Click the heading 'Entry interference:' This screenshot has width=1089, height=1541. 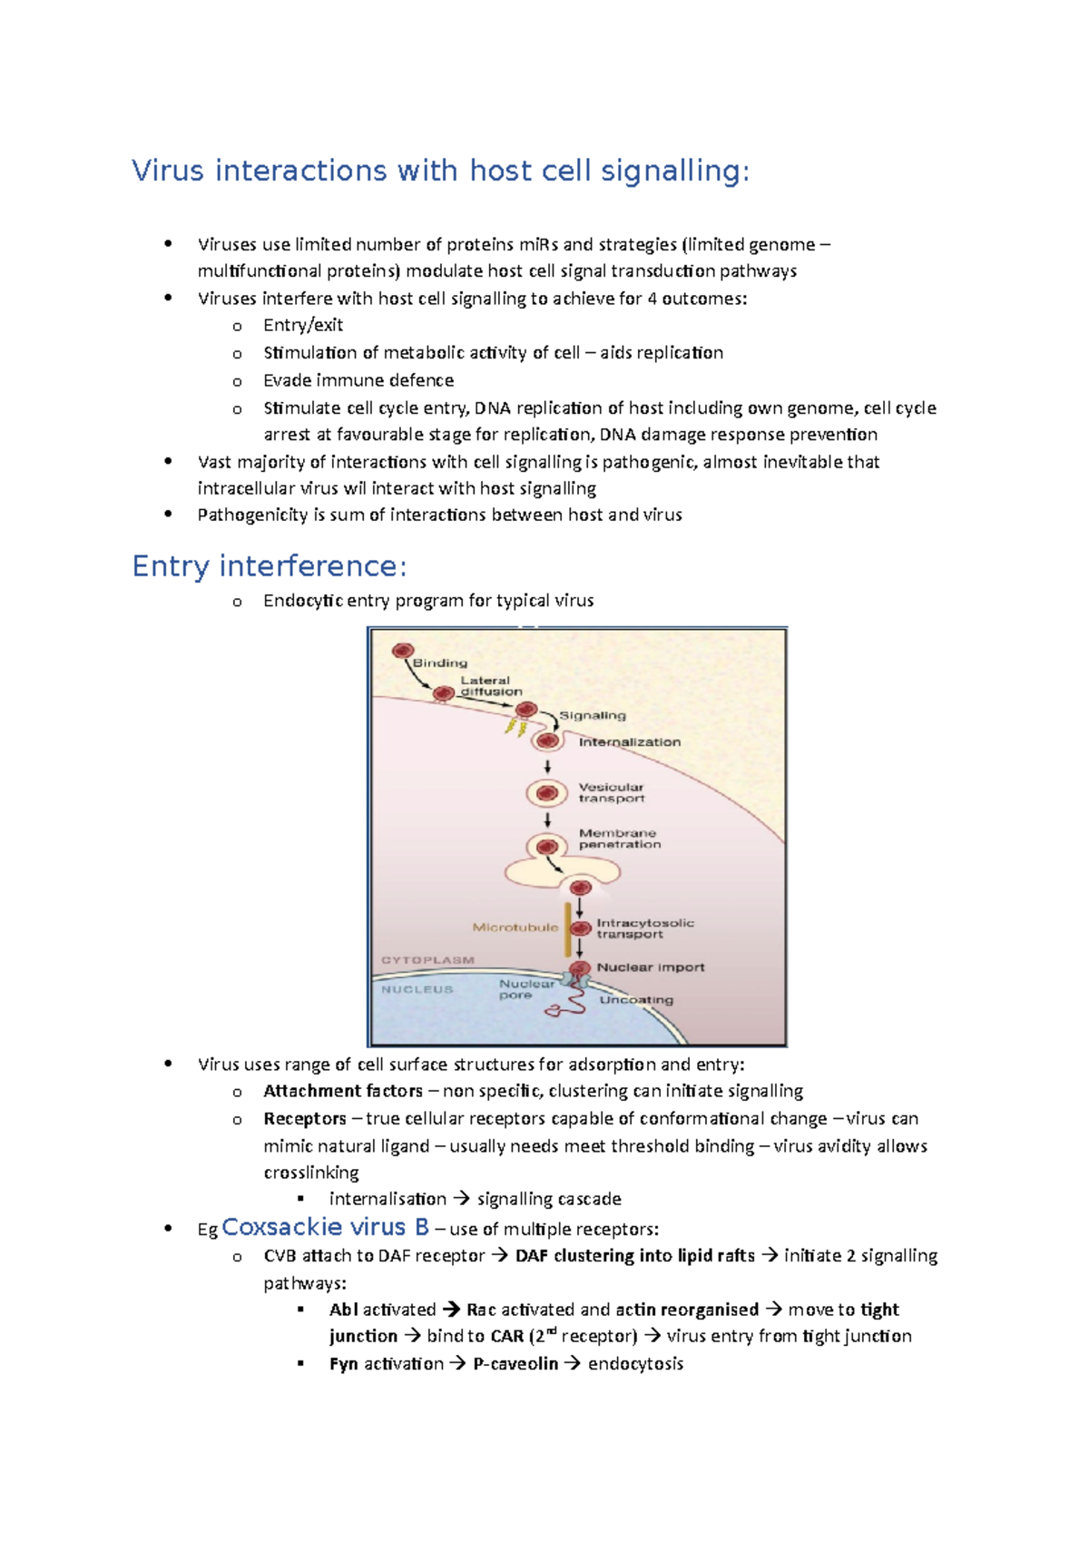click(270, 566)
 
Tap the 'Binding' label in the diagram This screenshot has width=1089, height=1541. click(440, 663)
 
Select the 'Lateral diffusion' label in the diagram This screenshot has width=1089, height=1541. click(490, 686)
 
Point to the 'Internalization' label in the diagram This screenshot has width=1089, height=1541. click(629, 741)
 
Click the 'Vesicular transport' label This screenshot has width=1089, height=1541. click(612, 792)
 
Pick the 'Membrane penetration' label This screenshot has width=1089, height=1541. click(619, 839)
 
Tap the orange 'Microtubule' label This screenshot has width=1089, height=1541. click(515, 927)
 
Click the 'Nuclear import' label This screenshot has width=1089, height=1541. click(650, 967)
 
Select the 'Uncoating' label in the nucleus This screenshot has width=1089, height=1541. click(636, 999)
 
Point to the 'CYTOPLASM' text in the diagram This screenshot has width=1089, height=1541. click(427, 959)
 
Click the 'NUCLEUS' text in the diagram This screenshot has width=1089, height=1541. click(417, 989)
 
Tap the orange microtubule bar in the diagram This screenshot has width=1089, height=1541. click(568, 928)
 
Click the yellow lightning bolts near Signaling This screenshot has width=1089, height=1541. click(515, 728)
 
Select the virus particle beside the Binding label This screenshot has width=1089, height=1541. click(403, 651)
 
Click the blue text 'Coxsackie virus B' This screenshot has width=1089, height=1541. click(325, 1227)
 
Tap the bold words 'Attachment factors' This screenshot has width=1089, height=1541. click(342, 1091)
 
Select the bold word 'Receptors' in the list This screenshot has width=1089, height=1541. click(305, 1119)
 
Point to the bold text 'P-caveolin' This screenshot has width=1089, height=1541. click(515, 1364)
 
